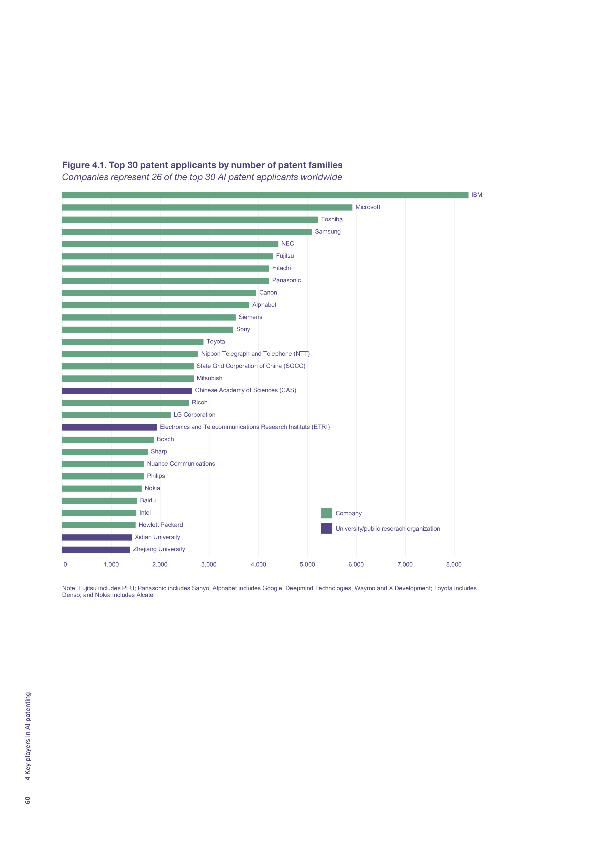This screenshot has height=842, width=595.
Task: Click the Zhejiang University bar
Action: pos(96,549)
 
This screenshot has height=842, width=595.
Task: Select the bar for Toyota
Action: pos(133,342)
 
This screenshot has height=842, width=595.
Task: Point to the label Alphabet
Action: pos(264,305)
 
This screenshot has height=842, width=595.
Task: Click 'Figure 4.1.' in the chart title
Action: pos(84,165)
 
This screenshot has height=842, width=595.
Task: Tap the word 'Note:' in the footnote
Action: pos(69,588)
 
